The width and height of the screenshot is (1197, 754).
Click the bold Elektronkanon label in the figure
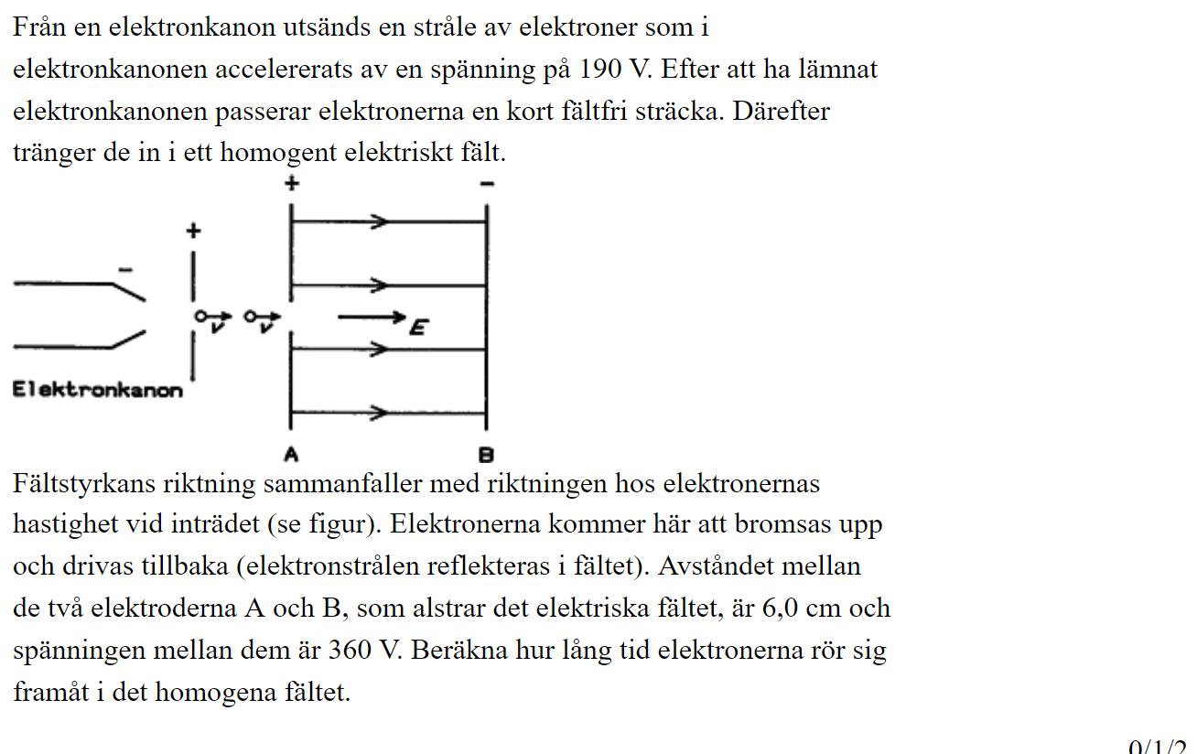pos(97,390)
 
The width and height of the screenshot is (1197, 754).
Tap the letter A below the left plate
pos(290,454)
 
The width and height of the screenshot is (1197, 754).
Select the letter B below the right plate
pos(486,454)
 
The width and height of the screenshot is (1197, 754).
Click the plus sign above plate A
pos(291,183)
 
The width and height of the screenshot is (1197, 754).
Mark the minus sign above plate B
pos(487,184)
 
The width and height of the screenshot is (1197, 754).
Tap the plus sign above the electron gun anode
pos(192,232)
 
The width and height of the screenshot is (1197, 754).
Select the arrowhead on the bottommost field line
pos(378,413)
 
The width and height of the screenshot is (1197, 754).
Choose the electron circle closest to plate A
pos(251,317)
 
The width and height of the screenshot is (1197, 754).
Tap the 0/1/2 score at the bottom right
pos(1161,746)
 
